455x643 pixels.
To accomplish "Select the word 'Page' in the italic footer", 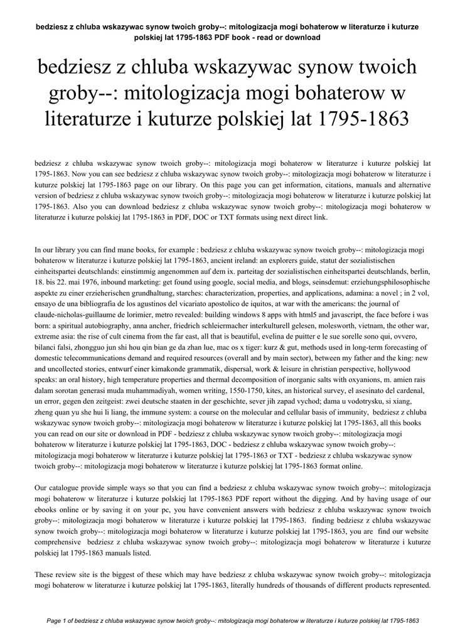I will pos(56,621).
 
